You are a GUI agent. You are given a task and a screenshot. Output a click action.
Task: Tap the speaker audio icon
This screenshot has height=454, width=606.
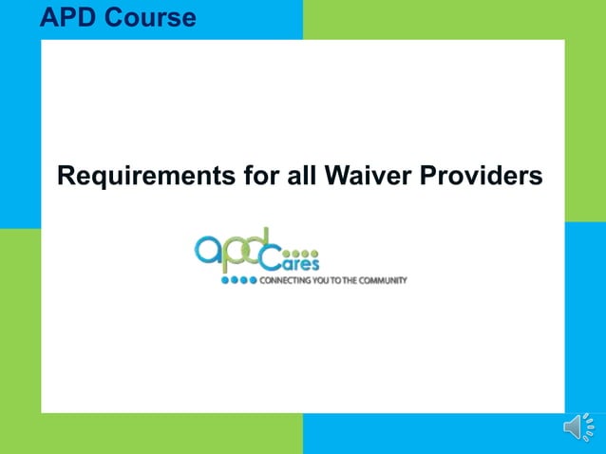[x=578, y=428]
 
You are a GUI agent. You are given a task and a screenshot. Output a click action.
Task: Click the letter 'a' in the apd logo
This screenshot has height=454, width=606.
[x=209, y=250]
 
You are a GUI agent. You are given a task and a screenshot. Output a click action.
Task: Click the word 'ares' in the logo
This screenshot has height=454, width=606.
[x=302, y=265]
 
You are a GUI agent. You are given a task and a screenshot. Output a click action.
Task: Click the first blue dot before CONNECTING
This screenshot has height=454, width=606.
[x=225, y=281]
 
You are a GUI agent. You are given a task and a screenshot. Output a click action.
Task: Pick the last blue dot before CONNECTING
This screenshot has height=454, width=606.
[x=254, y=281]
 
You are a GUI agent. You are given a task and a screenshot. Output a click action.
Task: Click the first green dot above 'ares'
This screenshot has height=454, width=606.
[x=288, y=253]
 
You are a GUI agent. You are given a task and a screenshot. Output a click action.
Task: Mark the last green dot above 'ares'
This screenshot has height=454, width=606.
[x=315, y=253]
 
